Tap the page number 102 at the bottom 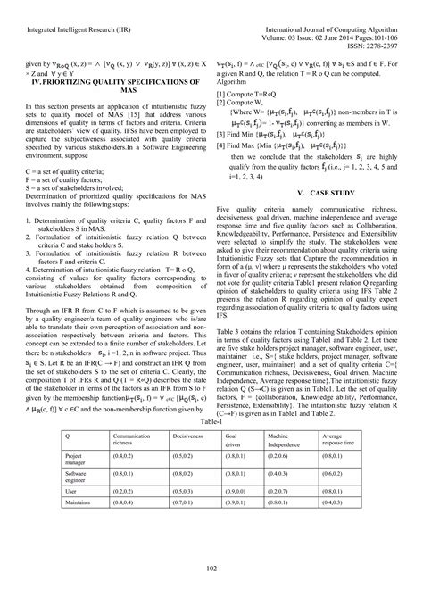[211, 568]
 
